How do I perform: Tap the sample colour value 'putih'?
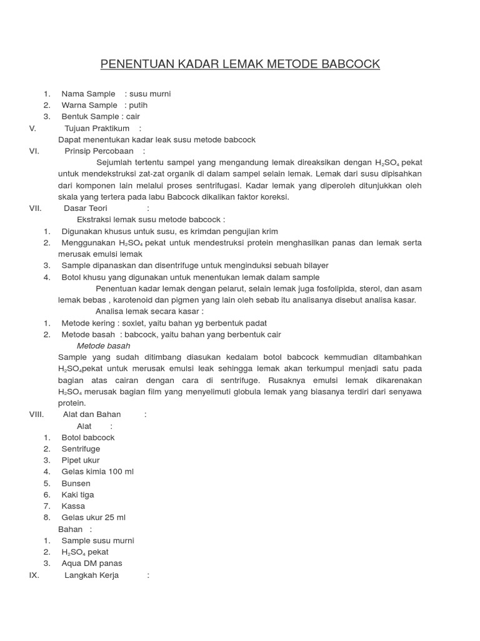138,105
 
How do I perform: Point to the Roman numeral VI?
34,151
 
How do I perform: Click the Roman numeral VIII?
36,414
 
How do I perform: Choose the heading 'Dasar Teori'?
86,208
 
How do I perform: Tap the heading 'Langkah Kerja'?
92,575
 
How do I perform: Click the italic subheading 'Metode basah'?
103,346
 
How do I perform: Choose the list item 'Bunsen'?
76,483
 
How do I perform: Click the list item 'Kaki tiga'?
78,495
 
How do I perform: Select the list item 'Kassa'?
73,506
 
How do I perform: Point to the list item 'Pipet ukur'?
81,460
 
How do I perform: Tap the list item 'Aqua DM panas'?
92,563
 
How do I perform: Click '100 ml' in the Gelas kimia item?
121,471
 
